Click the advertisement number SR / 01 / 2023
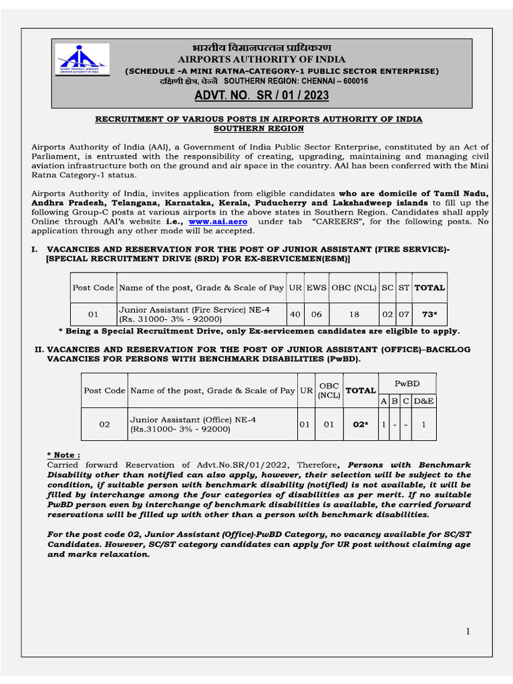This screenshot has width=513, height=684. coord(262,96)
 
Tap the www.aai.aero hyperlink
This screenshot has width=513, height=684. coord(212,221)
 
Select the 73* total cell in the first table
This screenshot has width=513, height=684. coord(430,314)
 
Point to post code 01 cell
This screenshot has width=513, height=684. coord(93,314)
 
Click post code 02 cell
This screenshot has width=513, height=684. coord(104,424)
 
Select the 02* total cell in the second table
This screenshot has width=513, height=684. coord(361,424)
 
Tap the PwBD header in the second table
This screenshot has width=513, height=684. coord(407,383)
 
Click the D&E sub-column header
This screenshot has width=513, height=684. coord(424,400)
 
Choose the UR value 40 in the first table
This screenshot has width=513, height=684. coord(295,314)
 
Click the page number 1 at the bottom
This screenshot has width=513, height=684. coord(468,631)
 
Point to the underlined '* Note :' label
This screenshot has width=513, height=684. coord(63,455)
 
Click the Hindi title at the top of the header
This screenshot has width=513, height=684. coord(263,48)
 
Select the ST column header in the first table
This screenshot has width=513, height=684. coord(404,288)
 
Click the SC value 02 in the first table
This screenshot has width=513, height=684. coord(387,314)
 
